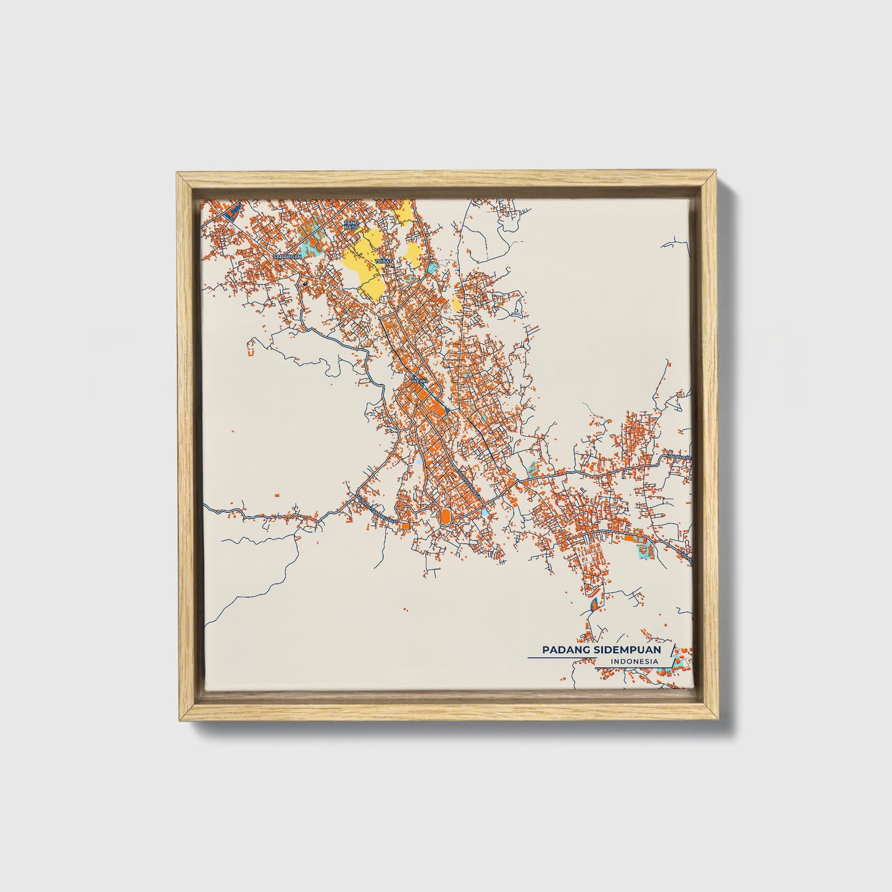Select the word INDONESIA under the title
[633, 662]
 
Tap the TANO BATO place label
[351, 225]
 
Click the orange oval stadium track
[444, 515]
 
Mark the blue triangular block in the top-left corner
[231, 212]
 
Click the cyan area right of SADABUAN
[312, 244]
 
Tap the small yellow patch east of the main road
[456, 302]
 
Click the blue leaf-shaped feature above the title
[594, 603]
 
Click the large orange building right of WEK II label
[439, 408]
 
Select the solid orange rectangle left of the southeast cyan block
[629, 538]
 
